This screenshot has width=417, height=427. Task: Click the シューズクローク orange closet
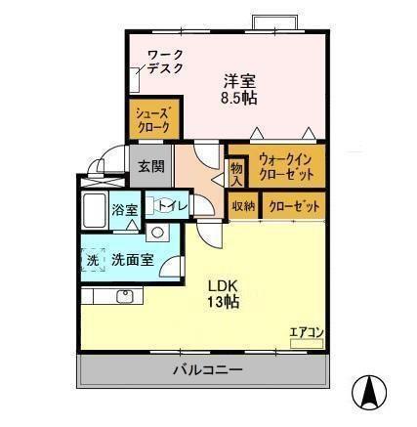(x=152, y=120)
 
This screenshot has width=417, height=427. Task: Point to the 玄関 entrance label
(x=150, y=164)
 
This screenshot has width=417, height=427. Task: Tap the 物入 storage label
(x=235, y=175)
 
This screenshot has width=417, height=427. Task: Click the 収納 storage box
(x=243, y=206)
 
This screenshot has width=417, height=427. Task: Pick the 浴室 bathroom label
(x=125, y=209)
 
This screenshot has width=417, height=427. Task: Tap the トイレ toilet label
(x=173, y=205)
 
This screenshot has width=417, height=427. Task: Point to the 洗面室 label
(x=132, y=261)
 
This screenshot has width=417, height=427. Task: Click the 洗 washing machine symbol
(x=92, y=261)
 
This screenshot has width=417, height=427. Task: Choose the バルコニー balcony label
(x=208, y=370)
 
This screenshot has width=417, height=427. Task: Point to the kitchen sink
(x=123, y=295)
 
